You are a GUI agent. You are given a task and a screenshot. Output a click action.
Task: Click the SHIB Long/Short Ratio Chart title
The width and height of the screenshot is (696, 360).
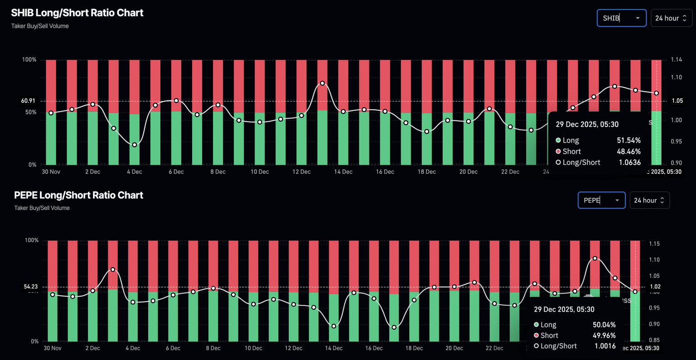[x=77, y=13]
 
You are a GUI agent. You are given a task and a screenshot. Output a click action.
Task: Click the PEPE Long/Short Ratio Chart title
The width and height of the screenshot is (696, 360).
[x=78, y=195]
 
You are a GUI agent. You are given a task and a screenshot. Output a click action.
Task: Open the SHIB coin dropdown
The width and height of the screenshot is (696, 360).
[x=621, y=18]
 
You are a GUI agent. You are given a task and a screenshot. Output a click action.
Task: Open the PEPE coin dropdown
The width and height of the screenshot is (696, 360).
[x=601, y=200]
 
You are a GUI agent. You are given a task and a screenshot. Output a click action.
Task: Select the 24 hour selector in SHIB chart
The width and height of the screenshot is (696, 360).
[x=671, y=18]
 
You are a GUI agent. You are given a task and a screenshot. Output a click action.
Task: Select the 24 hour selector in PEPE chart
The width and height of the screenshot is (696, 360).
[x=649, y=200]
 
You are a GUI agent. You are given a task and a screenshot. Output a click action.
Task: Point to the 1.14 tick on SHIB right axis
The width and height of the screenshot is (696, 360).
[x=677, y=59]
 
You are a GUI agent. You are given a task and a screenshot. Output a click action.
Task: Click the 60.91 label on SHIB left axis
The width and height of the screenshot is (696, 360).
[x=28, y=101]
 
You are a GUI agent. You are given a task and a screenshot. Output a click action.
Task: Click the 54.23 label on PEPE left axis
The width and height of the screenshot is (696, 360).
[x=31, y=287]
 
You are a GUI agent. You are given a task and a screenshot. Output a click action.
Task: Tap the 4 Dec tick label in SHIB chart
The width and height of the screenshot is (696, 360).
[x=134, y=172]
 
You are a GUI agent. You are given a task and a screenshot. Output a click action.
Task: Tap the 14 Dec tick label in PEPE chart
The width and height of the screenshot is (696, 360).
[x=334, y=348]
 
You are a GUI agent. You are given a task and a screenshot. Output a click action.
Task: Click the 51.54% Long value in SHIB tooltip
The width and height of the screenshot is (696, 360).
[x=628, y=140]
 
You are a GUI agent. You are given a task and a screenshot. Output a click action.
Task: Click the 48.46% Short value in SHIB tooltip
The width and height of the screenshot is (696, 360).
[x=628, y=151]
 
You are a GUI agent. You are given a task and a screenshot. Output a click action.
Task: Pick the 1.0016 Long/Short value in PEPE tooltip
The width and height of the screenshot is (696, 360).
[x=605, y=346]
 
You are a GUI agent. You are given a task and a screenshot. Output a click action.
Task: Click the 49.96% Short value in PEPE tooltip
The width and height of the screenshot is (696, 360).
[x=604, y=335]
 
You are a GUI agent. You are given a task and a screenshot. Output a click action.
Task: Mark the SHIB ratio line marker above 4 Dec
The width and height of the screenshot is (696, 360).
[x=135, y=145]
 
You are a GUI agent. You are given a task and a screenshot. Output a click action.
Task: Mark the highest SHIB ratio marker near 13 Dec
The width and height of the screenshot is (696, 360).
[x=322, y=83]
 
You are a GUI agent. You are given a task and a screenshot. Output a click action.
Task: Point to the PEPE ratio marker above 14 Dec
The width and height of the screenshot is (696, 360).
[x=334, y=326]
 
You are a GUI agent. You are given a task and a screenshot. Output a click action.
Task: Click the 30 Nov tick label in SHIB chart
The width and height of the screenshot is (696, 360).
[x=51, y=172]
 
